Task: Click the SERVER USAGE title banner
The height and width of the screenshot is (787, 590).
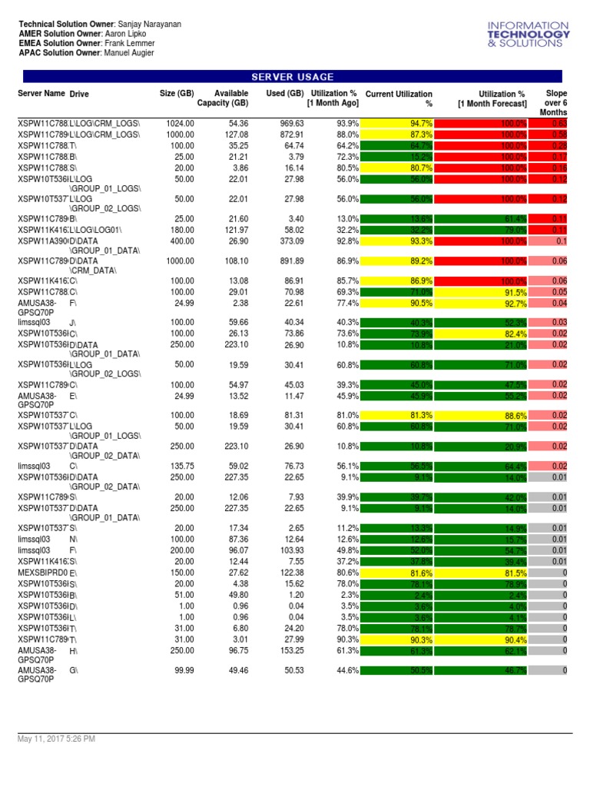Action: (293, 77)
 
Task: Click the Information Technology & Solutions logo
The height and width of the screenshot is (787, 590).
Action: (529, 35)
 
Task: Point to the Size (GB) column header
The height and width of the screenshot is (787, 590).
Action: (177, 94)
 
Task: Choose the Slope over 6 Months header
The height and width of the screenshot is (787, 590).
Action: (555, 102)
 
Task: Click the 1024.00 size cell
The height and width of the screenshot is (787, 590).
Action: (180, 123)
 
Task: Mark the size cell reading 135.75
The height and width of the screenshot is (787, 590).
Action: (180, 466)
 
